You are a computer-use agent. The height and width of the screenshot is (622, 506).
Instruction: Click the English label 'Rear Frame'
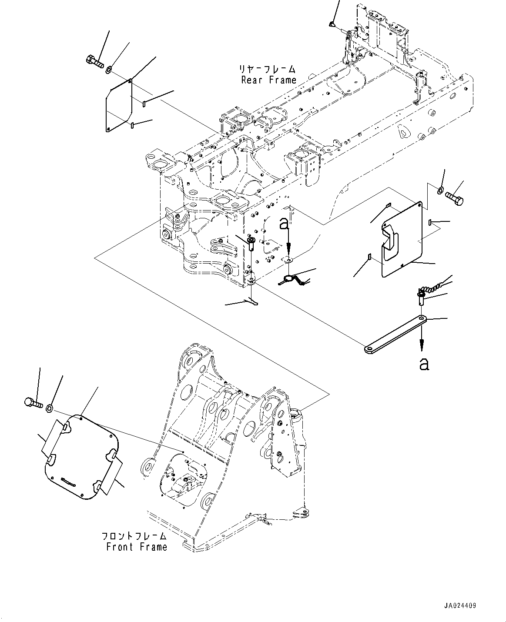269,80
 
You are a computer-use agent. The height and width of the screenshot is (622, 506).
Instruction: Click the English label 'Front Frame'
137,547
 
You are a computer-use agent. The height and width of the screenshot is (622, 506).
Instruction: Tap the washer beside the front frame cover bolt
50,408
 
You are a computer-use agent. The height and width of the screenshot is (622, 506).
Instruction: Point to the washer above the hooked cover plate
440,190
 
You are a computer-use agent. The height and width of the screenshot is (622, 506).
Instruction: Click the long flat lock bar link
396,334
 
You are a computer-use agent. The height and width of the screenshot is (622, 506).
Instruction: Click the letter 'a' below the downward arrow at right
424,363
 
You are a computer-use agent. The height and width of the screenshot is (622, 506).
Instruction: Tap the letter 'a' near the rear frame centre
284,224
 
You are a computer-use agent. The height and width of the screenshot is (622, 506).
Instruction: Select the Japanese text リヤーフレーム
267,69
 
